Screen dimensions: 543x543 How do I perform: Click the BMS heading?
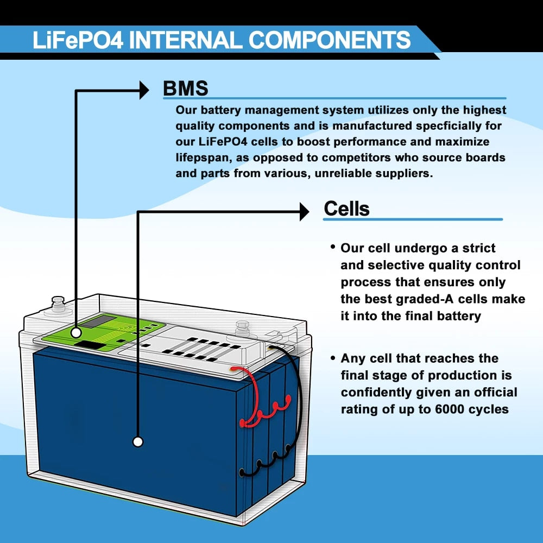coord(185,88)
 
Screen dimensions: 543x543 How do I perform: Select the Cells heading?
coord(346,209)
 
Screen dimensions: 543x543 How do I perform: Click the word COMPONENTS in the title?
coord(330,41)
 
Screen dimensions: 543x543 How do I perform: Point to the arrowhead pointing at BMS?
coord(144,90)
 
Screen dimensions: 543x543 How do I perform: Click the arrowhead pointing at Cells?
coord(304,212)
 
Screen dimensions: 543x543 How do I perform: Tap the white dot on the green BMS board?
coord(77,331)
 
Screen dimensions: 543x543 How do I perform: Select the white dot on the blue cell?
coord(138,442)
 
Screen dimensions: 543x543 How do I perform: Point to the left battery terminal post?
coord(57,301)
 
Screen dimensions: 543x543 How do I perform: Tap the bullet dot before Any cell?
coord(332,358)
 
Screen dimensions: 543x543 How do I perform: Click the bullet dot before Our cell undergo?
coord(332,248)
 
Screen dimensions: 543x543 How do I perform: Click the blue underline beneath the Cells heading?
coord(413,219)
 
